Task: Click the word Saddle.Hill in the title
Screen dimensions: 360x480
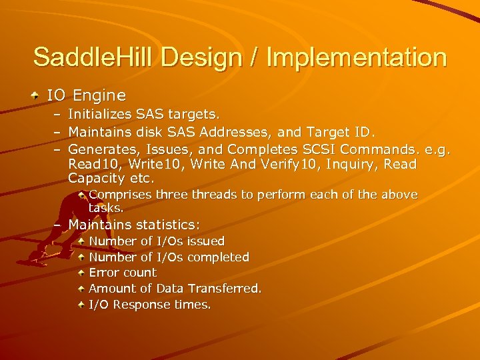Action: [x=94, y=57]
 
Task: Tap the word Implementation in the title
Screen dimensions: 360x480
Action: [x=356, y=57]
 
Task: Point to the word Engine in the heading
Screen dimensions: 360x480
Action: [x=99, y=96]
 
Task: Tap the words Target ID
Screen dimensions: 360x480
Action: [x=339, y=133]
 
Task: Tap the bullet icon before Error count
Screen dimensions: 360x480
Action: [x=81, y=273]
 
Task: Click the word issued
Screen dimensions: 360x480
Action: [x=205, y=241]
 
